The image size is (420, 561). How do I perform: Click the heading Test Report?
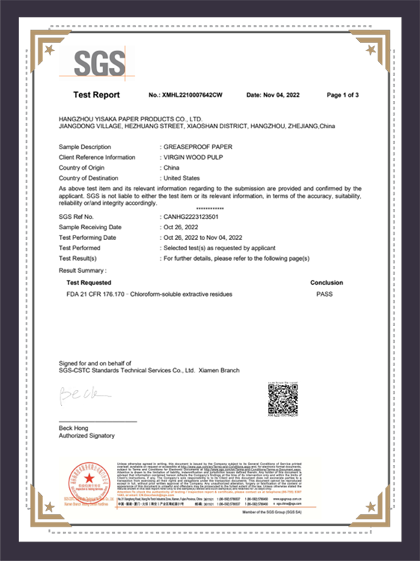pos(96,95)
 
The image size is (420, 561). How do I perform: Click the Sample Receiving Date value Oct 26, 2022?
pos(181,227)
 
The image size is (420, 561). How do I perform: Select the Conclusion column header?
pos(326,282)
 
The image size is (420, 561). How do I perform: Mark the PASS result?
pos(325,294)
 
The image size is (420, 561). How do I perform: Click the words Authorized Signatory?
pos(87,436)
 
